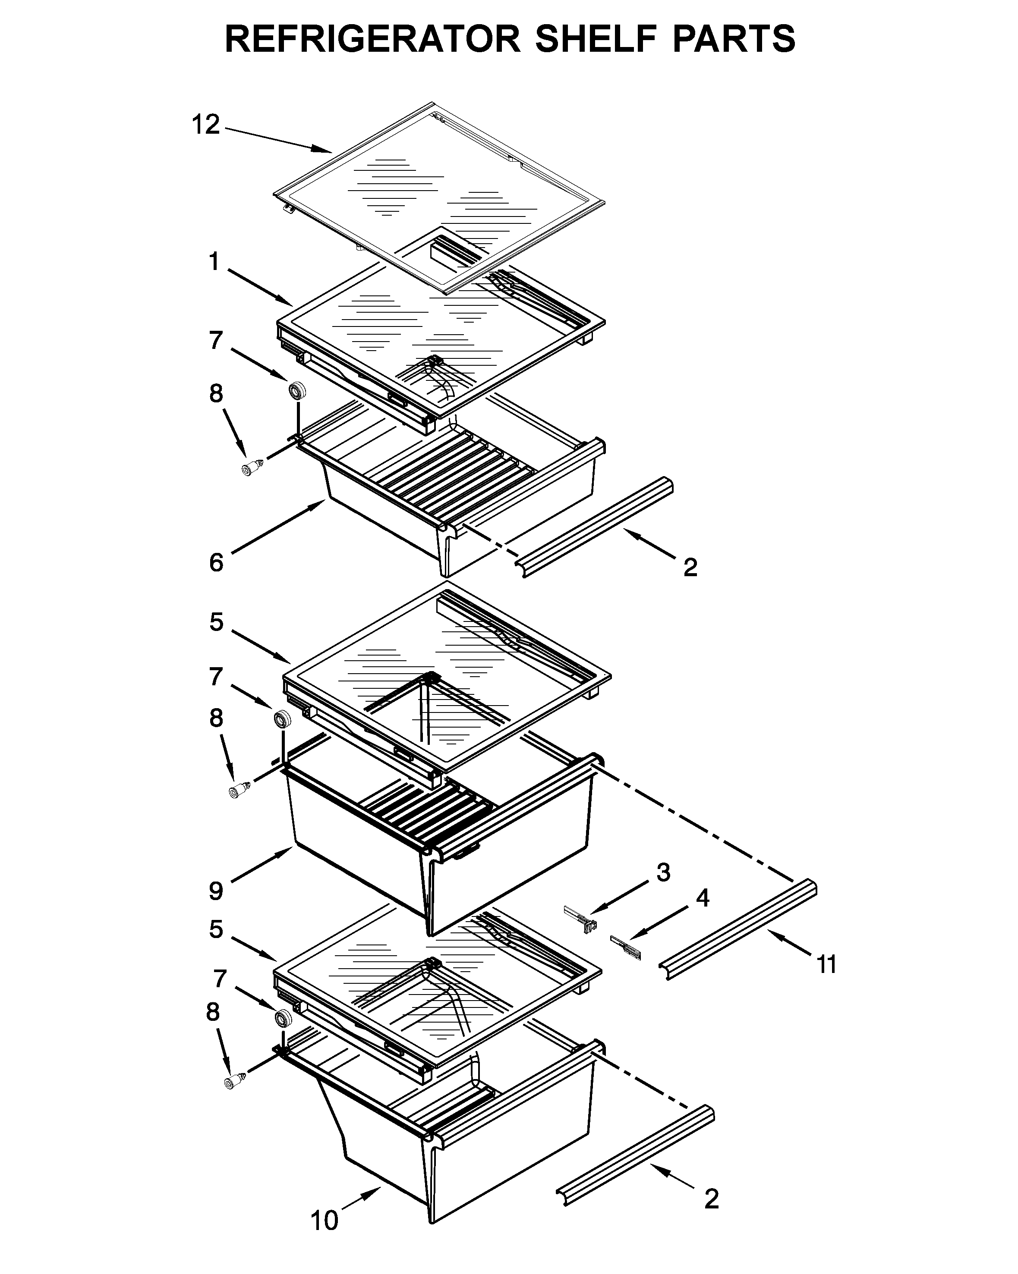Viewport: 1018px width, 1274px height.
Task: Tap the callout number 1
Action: tap(214, 262)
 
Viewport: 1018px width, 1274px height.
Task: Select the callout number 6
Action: tap(216, 562)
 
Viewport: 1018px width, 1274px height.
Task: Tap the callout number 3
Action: tap(663, 872)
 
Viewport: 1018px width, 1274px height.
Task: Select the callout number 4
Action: tap(702, 897)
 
